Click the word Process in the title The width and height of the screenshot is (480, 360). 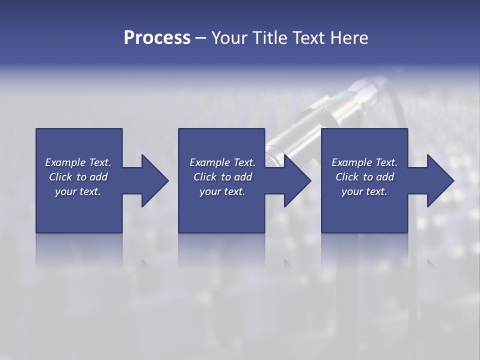click(157, 38)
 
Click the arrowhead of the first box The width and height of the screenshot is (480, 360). click(154, 180)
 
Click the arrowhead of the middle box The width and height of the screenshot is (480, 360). click(296, 180)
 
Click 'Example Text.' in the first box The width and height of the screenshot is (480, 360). click(78, 162)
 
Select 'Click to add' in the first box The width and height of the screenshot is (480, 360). click(78, 177)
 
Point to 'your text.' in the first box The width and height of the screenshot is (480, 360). click(78, 191)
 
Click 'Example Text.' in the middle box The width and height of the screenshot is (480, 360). click(222, 162)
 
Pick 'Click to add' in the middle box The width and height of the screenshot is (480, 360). click(222, 177)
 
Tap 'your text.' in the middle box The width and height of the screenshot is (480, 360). click(222, 191)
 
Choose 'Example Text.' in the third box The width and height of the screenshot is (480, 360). click(364, 162)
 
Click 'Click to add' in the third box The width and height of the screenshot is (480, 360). click(364, 177)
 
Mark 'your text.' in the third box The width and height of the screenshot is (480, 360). click(364, 191)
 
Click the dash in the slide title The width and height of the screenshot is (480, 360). click(201, 38)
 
